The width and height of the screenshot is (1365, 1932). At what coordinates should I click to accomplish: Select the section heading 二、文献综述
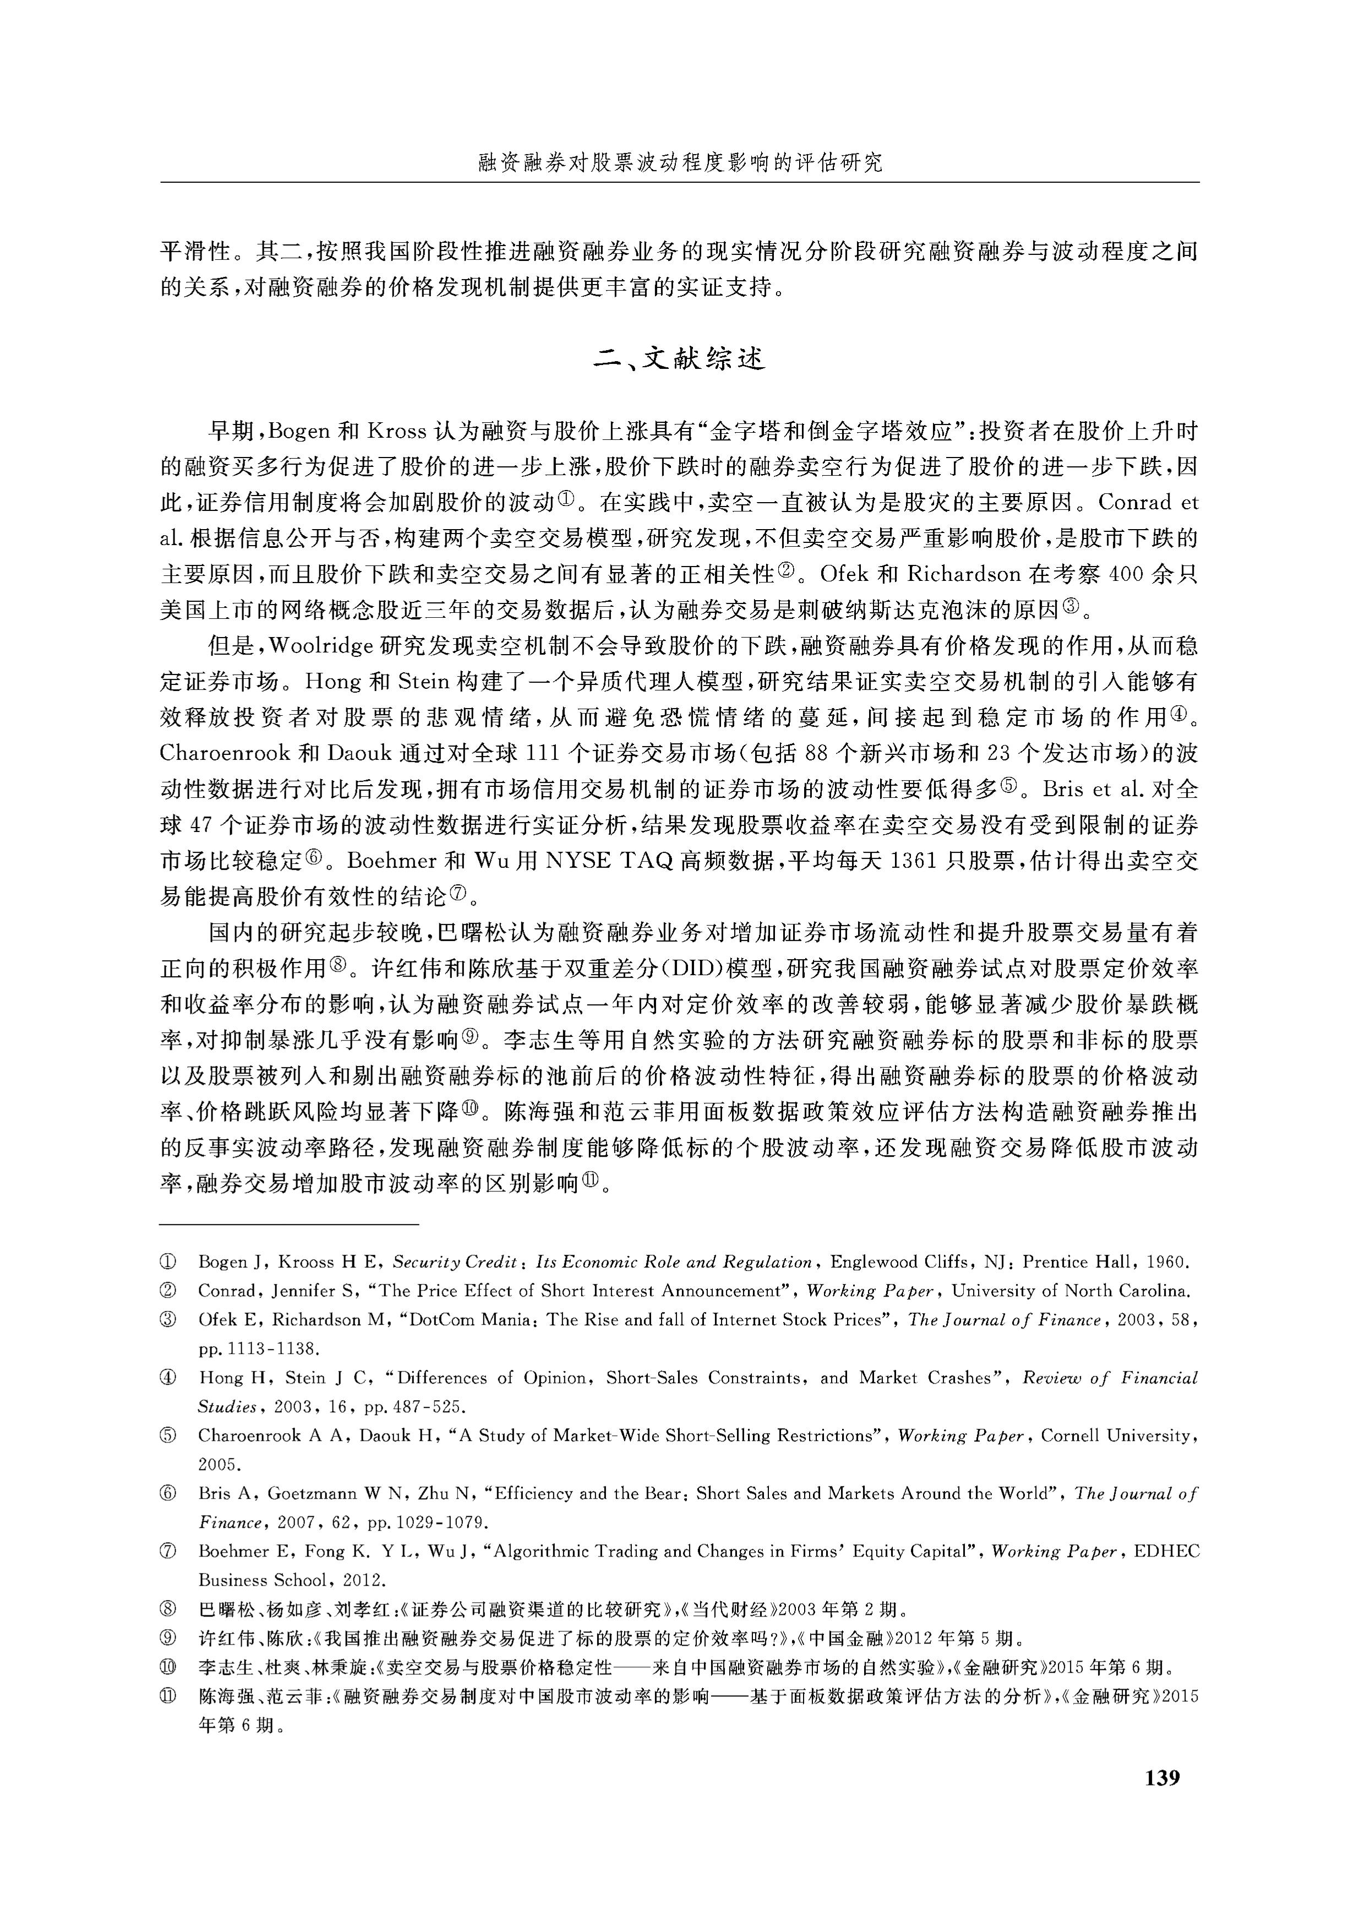point(680,360)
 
